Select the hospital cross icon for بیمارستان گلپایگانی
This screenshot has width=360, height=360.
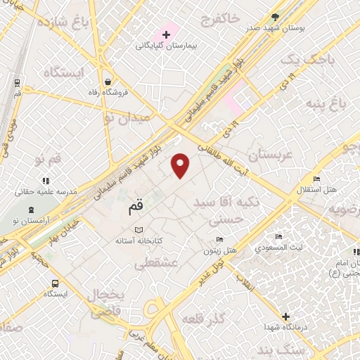[x=166, y=34]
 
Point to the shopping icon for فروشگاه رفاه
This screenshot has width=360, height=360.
[x=105, y=81]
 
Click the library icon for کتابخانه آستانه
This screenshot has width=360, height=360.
[x=138, y=229]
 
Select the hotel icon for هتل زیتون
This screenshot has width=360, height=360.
[x=219, y=239]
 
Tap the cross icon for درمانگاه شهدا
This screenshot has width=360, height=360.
[x=285, y=317]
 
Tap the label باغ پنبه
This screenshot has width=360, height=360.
[x=329, y=105]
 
